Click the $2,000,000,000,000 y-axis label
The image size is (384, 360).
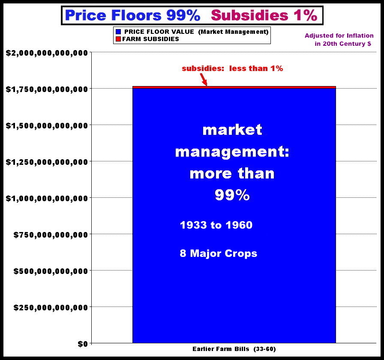(46, 53)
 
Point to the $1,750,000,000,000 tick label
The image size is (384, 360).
(46, 89)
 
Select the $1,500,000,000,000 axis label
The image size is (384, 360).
(46, 125)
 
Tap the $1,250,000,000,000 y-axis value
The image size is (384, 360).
(46, 162)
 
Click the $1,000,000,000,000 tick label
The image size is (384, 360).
(46, 198)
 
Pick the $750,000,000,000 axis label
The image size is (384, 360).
(51, 235)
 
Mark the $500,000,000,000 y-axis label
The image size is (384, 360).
(51, 271)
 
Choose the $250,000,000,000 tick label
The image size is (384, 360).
(51, 307)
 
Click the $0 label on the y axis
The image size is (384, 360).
(82, 344)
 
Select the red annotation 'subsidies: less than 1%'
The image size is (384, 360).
(232, 68)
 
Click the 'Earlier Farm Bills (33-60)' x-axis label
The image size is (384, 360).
(234, 349)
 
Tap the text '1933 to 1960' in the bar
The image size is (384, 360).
(216, 225)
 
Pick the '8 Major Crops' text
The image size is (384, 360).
(219, 253)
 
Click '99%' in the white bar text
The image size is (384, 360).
(232, 196)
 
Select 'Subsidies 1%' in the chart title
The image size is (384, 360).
(264, 16)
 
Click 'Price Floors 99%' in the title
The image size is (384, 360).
(132, 16)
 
